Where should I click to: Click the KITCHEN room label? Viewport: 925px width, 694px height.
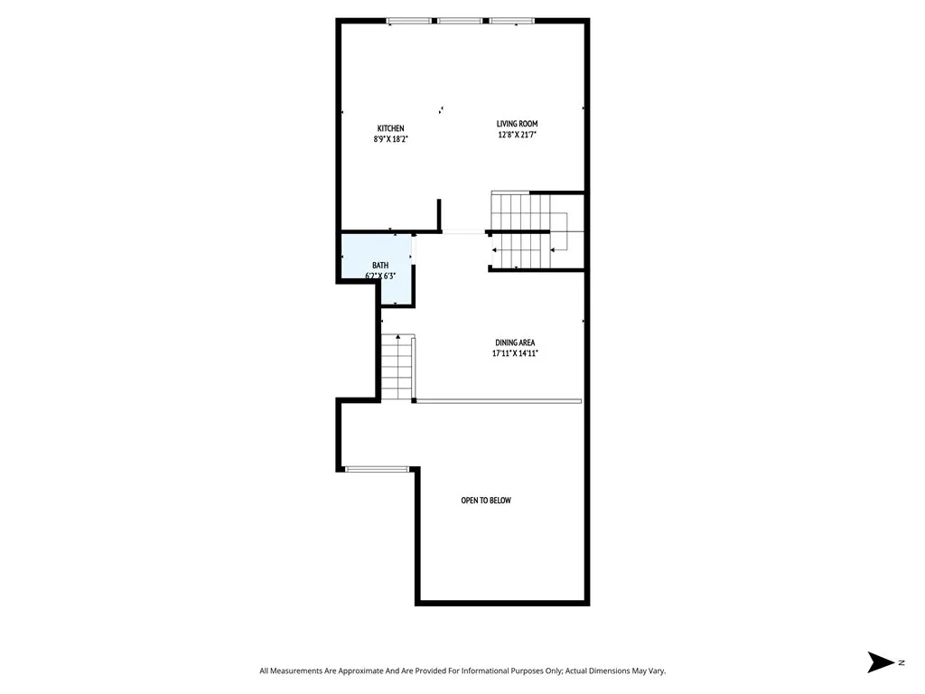[x=390, y=128]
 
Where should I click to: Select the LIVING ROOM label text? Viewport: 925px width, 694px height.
[x=517, y=124]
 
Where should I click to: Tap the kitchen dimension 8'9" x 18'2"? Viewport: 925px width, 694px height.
[x=390, y=139]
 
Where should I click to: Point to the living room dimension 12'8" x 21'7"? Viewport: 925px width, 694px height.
[x=517, y=135]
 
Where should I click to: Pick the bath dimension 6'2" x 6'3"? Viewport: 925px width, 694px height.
[x=380, y=276]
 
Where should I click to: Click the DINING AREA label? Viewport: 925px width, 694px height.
[x=515, y=342]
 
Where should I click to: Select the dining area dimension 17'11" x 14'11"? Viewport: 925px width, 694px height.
[x=515, y=353]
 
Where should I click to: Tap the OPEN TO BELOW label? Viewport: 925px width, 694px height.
[x=486, y=501]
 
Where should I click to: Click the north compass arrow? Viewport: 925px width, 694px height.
[x=879, y=662]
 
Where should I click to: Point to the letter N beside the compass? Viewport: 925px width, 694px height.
[x=901, y=662]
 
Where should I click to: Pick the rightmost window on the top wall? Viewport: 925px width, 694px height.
[x=512, y=20]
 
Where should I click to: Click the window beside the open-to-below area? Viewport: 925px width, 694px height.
[x=378, y=469]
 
